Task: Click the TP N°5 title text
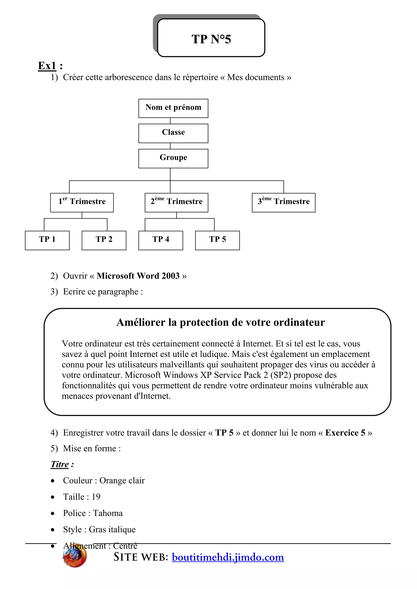click(211, 39)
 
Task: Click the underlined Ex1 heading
click(47, 66)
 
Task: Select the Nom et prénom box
click(173, 108)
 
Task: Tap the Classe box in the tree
click(173, 133)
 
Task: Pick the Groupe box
click(173, 158)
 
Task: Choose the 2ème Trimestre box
click(176, 203)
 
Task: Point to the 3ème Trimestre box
click(283, 203)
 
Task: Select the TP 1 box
click(47, 240)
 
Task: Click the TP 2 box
click(104, 240)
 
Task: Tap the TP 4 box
click(161, 240)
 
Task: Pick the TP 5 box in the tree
click(217, 240)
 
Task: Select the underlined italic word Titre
click(60, 464)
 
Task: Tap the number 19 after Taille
click(96, 497)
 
